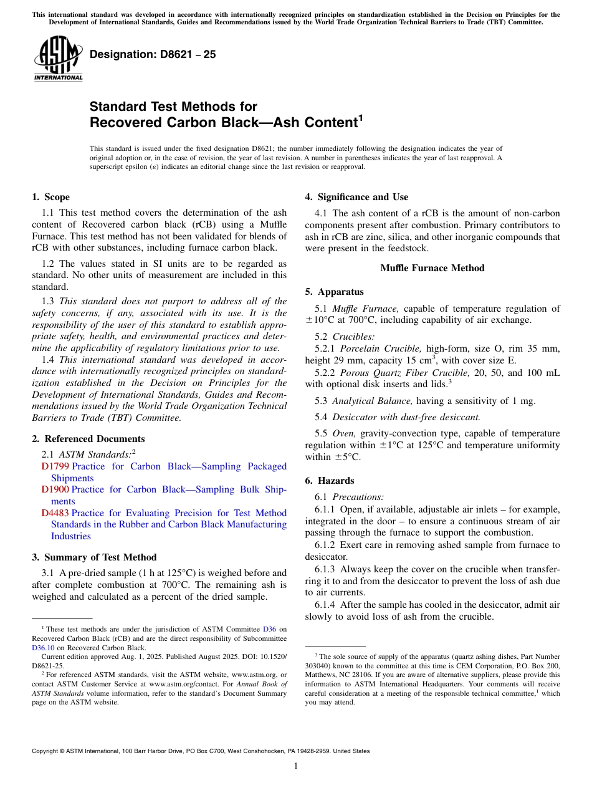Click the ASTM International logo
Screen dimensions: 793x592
point(58,59)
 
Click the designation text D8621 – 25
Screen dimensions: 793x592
point(153,54)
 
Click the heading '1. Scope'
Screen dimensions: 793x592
point(51,197)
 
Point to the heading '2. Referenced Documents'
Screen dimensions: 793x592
point(88,439)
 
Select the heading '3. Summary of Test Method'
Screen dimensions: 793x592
point(94,557)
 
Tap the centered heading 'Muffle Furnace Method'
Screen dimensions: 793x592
point(432,268)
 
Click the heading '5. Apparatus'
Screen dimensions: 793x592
point(335,292)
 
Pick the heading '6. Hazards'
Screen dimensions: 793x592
point(330,481)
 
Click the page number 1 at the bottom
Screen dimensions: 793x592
point(296,766)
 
